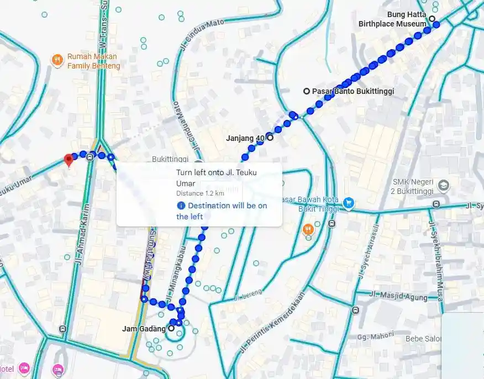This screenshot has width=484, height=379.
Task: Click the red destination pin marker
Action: pyautogui.click(x=69, y=160)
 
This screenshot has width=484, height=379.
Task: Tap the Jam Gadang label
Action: pyautogui.click(x=144, y=329)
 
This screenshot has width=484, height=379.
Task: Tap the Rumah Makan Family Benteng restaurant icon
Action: pyautogui.click(x=57, y=59)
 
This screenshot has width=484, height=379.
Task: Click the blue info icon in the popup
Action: pyautogui.click(x=181, y=206)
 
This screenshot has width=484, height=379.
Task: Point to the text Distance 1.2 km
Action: pyautogui.click(x=200, y=193)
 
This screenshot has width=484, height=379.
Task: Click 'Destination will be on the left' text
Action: pyautogui.click(x=222, y=211)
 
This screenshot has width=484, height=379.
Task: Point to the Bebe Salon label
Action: pyautogui.click(x=422, y=339)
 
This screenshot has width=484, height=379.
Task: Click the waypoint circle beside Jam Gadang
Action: pyautogui.click(x=171, y=328)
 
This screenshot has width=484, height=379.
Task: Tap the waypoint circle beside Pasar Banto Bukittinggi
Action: pyautogui.click(x=307, y=91)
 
